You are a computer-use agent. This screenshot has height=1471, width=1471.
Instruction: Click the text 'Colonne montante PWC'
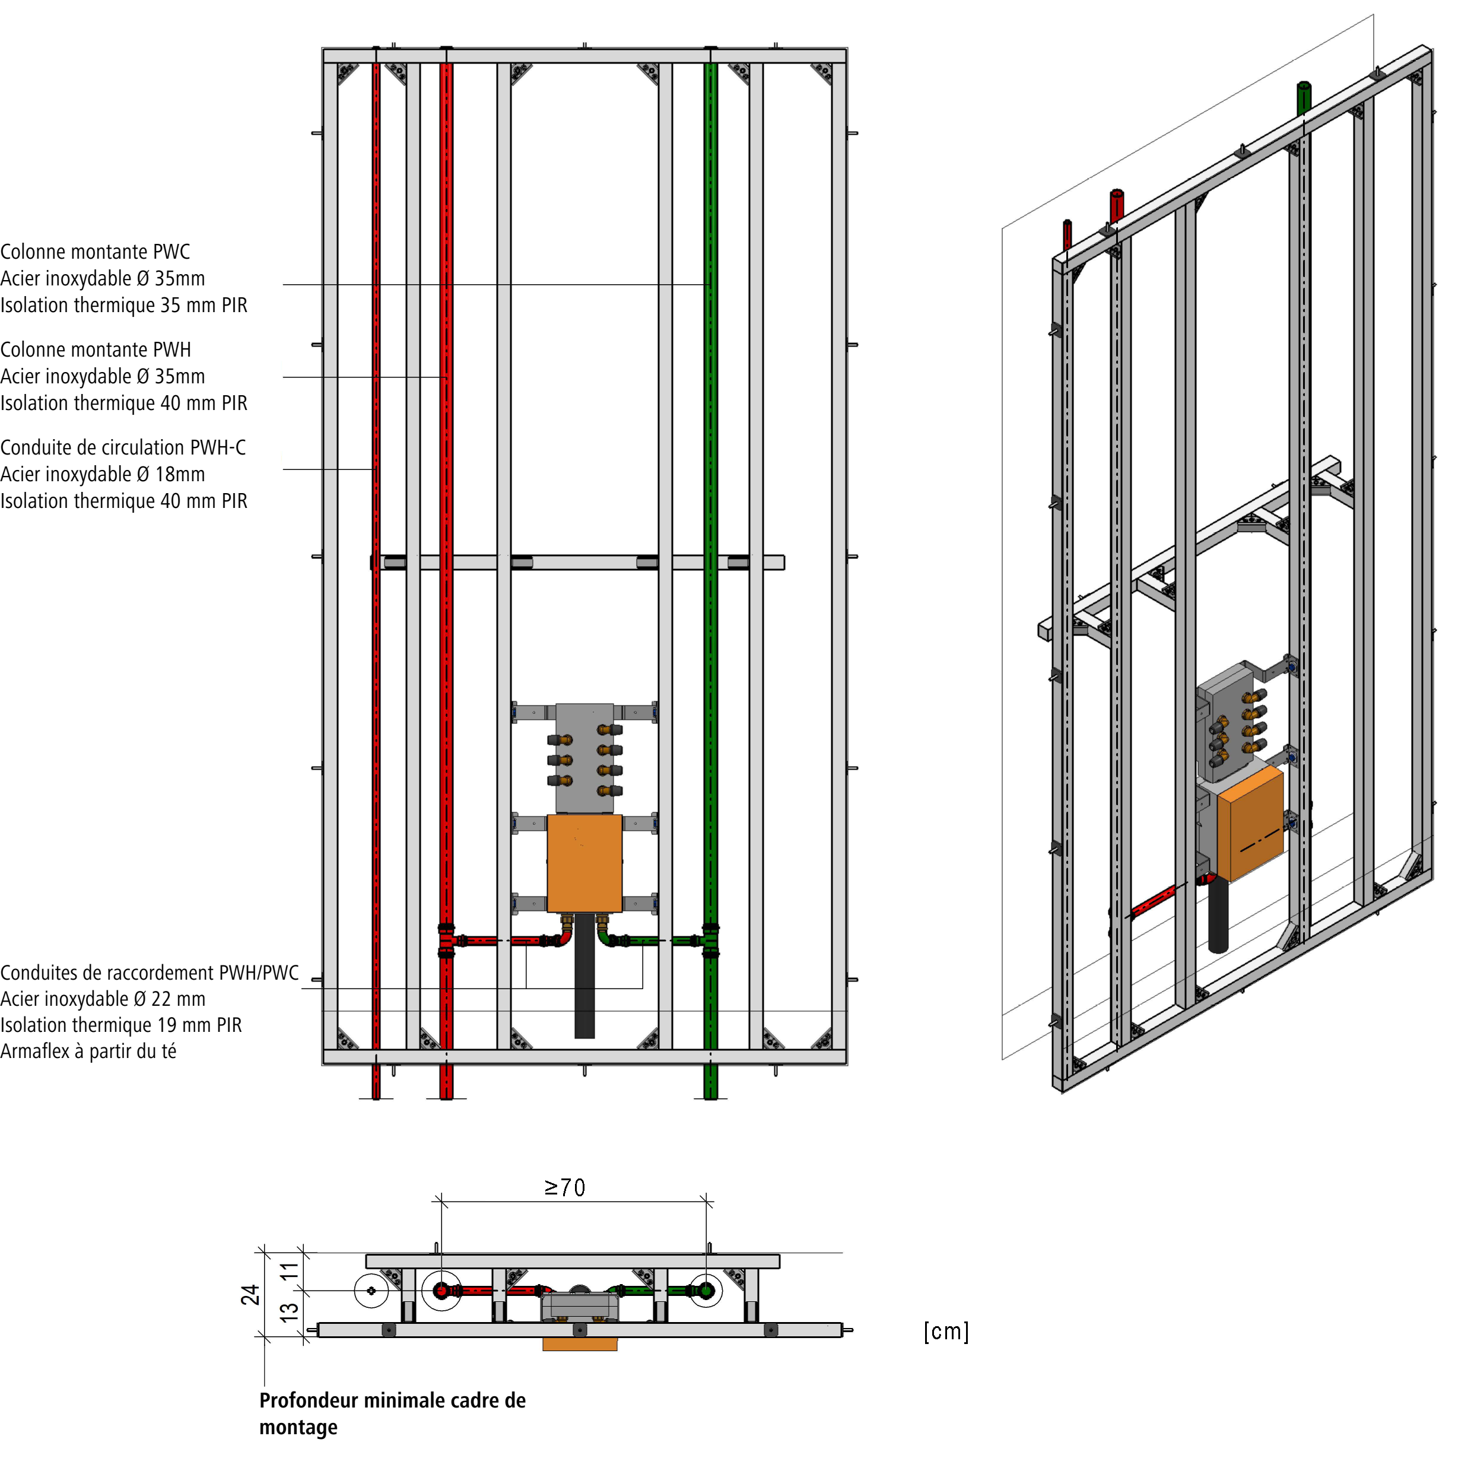point(95,252)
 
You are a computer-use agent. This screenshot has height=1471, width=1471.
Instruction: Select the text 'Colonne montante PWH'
point(95,350)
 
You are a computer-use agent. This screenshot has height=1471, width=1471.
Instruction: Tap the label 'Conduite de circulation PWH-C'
point(123,447)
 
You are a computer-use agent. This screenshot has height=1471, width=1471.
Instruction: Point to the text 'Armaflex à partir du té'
point(88,1051)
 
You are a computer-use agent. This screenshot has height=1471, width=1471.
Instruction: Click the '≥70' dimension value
point(565,1188)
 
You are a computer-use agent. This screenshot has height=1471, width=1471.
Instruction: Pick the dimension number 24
point(250,1294)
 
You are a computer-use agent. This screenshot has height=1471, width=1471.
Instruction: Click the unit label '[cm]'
point(946,1332)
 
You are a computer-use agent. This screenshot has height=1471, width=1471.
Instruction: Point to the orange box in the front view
point(584,863)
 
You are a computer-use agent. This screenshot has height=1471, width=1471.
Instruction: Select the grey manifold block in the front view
point(584,758)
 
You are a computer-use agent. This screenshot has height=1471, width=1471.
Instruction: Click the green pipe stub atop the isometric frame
point(1304,97)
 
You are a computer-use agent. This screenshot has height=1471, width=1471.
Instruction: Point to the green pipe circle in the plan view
point(706,1291)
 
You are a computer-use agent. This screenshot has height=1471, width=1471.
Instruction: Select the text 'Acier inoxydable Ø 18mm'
point(103,474)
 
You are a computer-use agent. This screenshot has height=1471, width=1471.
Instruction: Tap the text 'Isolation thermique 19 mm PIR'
point(121,1025)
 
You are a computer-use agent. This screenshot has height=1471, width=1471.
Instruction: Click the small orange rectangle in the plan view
point(579,1345)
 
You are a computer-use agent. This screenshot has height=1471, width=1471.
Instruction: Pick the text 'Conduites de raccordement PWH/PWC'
point(149,973)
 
